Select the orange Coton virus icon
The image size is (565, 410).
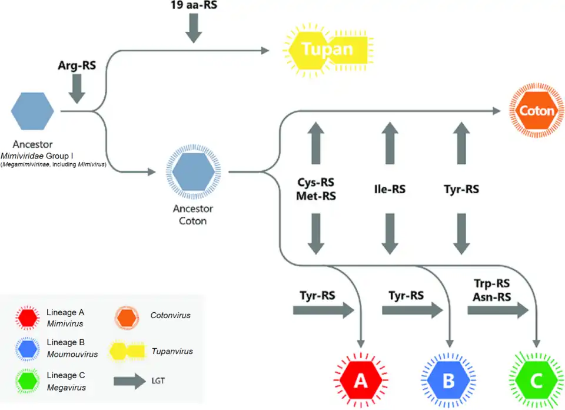click(x=536, y=111)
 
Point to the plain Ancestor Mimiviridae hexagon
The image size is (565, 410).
click(x=33, y=110)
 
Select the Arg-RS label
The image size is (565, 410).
click(x=77, y=65)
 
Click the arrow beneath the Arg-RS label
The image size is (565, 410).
click(x=77, y=89)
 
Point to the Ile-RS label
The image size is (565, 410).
click(x=390, y=190)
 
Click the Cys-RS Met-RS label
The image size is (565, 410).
click(x=317, y=190)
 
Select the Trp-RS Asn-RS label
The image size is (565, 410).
click(x=491, y=291)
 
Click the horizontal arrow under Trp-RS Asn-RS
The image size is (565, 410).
click(x=498, y=312)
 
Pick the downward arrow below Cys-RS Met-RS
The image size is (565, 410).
click(x=317, y=233)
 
